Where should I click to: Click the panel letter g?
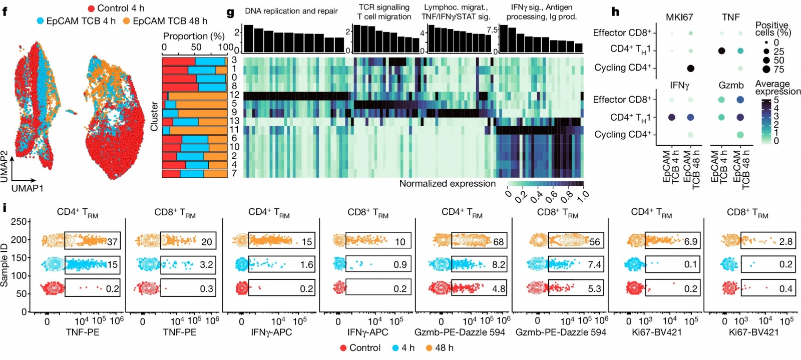230,12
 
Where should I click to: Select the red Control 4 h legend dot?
92,9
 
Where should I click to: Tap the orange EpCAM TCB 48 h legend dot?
127,21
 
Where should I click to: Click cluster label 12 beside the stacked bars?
234,95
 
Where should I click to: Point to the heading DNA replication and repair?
291,11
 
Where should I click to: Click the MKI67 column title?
679,17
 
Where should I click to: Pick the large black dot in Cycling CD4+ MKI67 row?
690,68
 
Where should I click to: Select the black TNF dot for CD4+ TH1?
721,51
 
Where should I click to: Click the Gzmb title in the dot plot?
731,85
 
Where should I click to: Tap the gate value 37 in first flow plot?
112,242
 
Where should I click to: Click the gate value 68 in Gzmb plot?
498,242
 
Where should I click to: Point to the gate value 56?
594,242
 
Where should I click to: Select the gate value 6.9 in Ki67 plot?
690,242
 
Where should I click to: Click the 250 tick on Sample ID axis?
19,222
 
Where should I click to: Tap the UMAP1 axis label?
28,188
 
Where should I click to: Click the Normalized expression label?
447,184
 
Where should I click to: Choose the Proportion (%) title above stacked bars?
194,36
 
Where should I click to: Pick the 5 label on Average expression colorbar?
776,100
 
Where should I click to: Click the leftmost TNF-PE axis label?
83,332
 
